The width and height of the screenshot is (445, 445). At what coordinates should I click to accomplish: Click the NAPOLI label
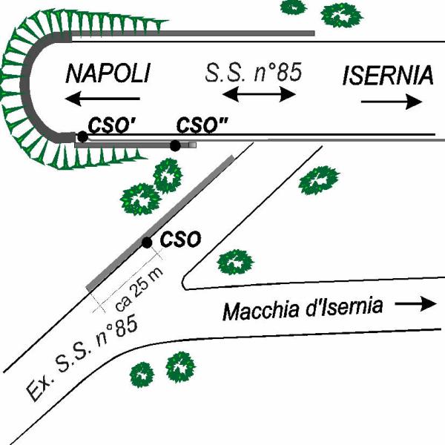[x=108, y=74]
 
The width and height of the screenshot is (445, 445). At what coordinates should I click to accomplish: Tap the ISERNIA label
[x=387, y=75]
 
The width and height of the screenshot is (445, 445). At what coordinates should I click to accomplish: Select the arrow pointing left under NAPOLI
[x=103, y=98]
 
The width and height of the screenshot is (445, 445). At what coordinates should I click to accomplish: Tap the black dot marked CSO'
[x=82, y=136]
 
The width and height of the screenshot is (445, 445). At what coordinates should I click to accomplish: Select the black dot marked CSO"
[x=175, y=145]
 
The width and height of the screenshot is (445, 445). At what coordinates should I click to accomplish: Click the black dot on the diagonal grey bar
[x=147, y=243]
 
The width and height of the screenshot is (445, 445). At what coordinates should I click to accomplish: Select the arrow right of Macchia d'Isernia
[x=417, y=303]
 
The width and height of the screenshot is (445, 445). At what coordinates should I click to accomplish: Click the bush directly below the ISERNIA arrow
[x=319, y=181]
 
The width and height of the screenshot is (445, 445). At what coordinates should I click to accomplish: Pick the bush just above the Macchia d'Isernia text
[x=235, y=260]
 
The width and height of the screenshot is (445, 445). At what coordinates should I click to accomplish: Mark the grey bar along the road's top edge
[x=222, y=33]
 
